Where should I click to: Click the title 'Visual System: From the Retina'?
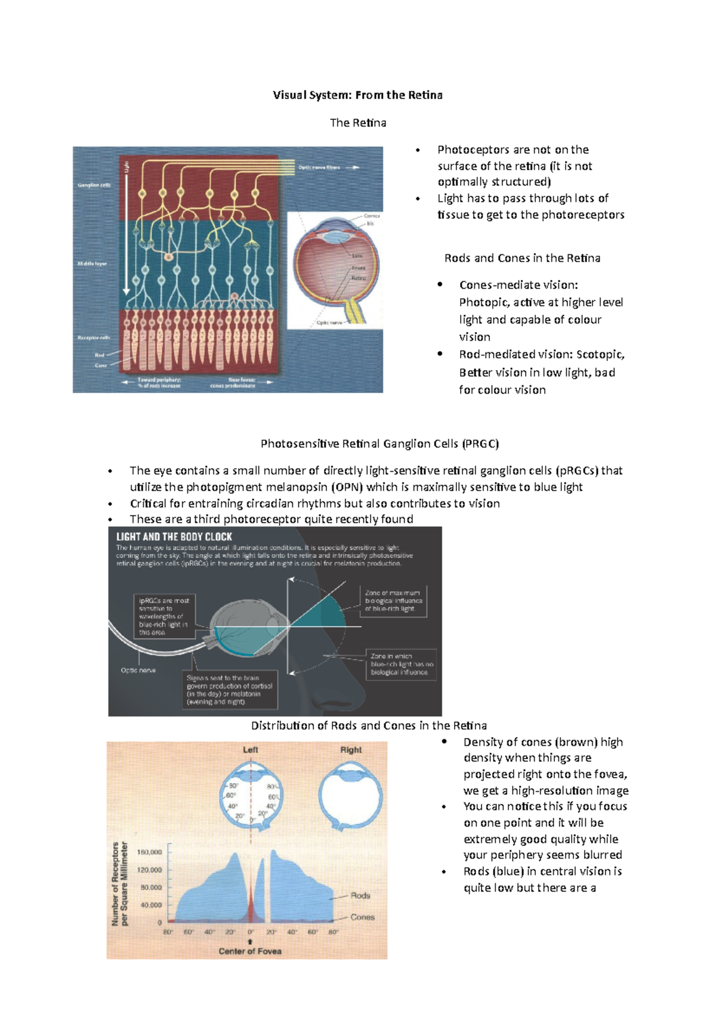357,95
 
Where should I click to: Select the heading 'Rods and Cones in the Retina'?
522,258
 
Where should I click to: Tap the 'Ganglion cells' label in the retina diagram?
94,185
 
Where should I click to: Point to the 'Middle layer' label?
92,263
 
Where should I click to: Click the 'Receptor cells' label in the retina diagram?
94,338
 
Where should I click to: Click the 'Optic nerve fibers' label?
319,168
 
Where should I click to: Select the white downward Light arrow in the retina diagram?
126,233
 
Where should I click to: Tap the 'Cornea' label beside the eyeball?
372,216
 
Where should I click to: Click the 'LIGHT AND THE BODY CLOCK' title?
174,537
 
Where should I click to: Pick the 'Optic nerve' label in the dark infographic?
138,670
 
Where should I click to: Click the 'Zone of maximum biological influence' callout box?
394,601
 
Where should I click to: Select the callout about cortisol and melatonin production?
229,690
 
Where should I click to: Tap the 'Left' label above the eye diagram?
251,749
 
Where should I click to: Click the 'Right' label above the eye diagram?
351,749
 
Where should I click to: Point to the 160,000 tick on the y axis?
150,852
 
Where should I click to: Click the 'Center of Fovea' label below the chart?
250,951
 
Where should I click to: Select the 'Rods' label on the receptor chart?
360,895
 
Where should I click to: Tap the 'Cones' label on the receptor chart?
362,917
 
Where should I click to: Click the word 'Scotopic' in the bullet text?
600,354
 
